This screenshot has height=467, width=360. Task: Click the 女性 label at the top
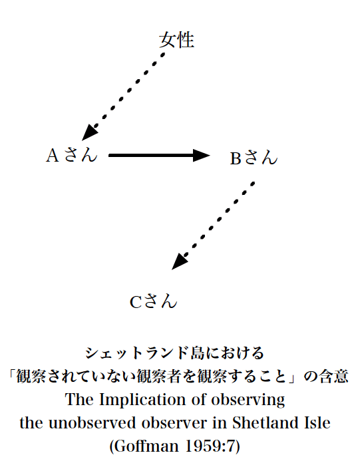177,40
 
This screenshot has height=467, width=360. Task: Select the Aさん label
72,155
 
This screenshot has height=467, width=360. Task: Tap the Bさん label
254,158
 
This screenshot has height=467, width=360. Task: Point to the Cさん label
154,301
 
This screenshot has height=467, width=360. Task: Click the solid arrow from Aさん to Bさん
159,155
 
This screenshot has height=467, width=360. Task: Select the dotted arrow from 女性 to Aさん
123,96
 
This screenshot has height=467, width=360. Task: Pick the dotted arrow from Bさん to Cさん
213,226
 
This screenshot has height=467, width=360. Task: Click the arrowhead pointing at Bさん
202,155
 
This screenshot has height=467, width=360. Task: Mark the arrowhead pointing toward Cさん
179,262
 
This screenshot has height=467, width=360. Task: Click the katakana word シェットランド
137,353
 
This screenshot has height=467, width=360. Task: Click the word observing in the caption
248,400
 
